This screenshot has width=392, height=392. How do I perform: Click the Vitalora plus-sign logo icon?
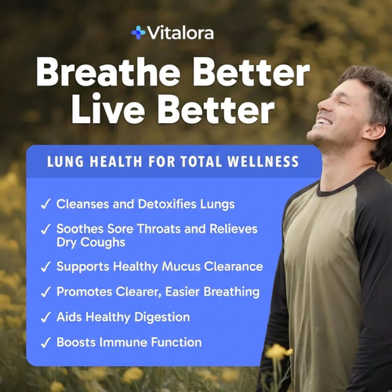point(139,32)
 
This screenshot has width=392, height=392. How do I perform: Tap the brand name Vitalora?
point(181,32)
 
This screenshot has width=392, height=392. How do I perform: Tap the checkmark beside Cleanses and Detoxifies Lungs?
point(45,204)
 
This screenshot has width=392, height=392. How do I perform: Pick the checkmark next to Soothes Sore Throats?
point(45,229)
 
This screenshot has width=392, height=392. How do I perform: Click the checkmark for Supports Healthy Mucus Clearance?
point(45,267)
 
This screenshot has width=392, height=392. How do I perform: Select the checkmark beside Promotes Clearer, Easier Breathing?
point(45,292)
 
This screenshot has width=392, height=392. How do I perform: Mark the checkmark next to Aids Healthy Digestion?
point(45,317)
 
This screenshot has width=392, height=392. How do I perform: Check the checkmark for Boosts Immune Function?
point(45,342)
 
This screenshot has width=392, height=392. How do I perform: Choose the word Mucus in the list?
point(172,267)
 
